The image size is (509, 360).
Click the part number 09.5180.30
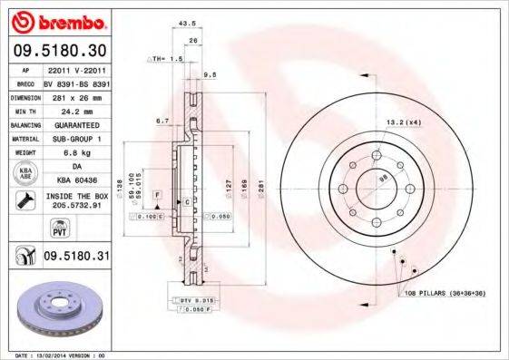pos(60,51)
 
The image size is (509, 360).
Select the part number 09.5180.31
pos(77,257)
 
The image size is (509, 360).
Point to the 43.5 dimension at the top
pos(188,23)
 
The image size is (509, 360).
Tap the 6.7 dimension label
pos(163,120)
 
